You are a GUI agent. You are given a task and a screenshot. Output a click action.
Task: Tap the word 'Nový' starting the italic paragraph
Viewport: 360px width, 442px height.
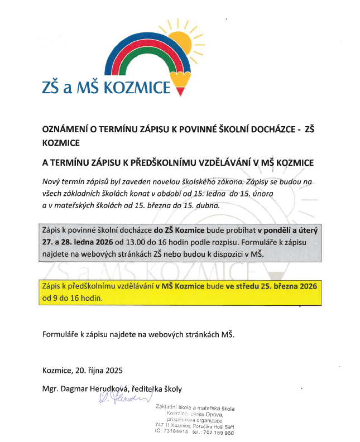(x=52, y=181)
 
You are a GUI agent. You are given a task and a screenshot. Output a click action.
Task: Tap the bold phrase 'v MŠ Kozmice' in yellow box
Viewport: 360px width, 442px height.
(x=179, y=286)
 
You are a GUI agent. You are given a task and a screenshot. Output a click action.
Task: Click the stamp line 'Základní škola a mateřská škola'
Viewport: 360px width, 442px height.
(x=195, y=408)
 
